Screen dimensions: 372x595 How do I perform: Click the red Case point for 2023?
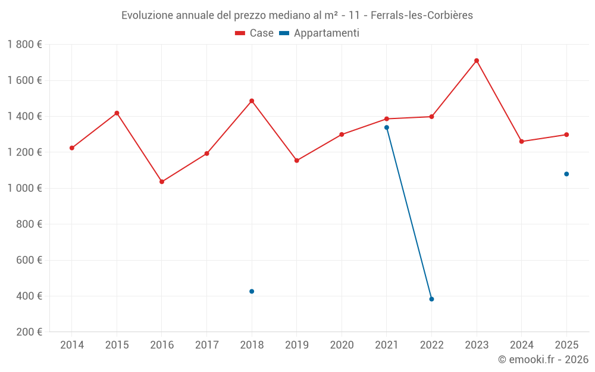click(x=477, y=61)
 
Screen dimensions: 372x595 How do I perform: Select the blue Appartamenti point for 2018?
click(x=252, y=291)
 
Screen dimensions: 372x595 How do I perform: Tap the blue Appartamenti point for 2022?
click(x=431, y=299)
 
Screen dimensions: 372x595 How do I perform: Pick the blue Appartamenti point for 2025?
click(x=566, y=174)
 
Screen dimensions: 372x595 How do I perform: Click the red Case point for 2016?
click(x=162, y=182)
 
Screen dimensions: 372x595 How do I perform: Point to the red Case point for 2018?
click(x=252, y=101)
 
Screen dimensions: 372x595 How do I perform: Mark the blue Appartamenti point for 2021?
click(x=387, y=127)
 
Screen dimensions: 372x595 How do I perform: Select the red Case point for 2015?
click(x=117, y=113)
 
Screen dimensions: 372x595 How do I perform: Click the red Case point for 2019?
click(x=297, y=160)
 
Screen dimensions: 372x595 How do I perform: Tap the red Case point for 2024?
click(x=522, y=142)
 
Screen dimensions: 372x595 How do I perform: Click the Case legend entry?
click(x=255, y=33)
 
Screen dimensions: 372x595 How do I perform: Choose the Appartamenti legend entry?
click(x=320, y=33)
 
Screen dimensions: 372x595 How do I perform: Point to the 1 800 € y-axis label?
click(x=24, y=44)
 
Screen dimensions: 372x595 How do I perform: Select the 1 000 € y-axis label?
click(x=24, y=188)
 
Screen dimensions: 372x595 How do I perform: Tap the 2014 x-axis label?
click(x=72, y=345)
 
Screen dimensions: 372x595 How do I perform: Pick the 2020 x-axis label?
click(x=342, y=345)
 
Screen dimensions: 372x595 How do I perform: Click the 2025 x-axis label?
click(x=566, y=345)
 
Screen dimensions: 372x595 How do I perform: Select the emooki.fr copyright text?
click(x=543, y=360)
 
